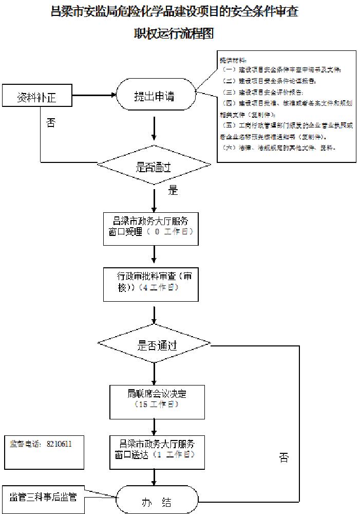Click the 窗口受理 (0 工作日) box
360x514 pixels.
150,227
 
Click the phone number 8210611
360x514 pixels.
59,444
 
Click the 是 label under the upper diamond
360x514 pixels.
173,190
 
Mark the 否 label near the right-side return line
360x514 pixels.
284,457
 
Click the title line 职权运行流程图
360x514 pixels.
174,33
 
